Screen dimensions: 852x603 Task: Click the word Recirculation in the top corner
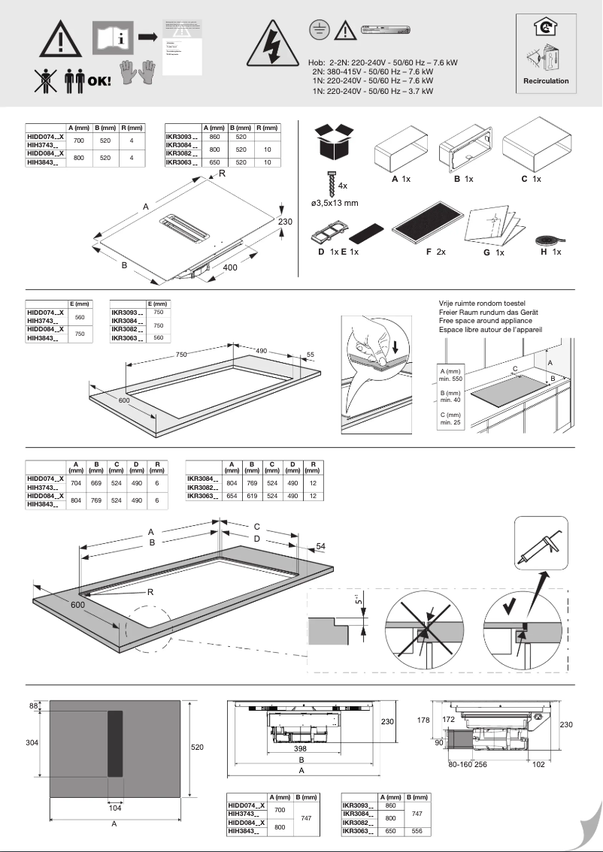[x=546, y=80]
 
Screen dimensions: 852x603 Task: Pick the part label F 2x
[x=435, y=252]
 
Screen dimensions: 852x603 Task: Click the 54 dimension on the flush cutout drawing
[x=321, y=547]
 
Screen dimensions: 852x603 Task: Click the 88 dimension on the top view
[x=33, y=705]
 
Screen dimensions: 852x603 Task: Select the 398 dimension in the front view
[x=301, y=749]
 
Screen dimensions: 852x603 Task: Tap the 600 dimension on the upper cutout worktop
[x=124, y=401]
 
